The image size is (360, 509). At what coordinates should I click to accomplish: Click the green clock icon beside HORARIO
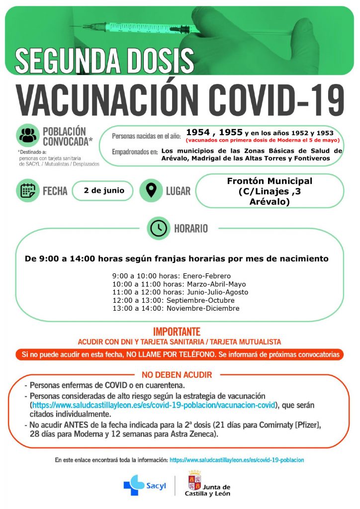[x=159, y=228]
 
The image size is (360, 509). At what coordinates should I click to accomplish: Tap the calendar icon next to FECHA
[x=27, y=191]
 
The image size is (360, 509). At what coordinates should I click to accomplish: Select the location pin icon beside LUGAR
[x=151, y=190]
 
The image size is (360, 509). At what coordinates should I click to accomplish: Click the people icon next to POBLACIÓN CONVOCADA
[x=28, y=135]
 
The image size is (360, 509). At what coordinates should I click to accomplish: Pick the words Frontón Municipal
[x=270, y=181]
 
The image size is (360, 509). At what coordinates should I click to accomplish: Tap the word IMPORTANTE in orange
[x=177, y=332]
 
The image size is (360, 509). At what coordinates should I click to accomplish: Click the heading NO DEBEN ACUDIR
[x=177, y=374]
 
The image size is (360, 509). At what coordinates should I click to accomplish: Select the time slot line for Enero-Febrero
[x=172, y=276]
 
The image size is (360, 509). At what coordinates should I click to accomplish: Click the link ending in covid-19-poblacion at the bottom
[x=237, y=460]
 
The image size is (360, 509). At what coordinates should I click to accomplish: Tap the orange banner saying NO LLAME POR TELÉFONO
[x=180, y=355]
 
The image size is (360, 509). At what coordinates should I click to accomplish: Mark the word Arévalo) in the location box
[x=270, y=202]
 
